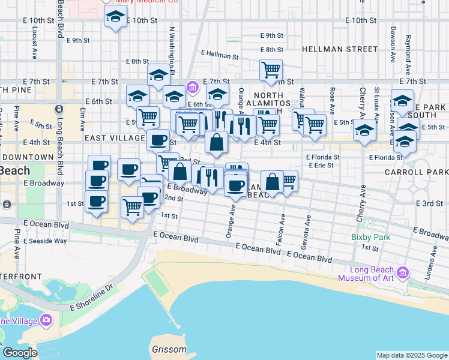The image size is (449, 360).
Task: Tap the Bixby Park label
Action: pyautogui.click(x=370, y=237)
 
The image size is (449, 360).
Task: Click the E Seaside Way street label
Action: pyautogui.click(x=45, y=241)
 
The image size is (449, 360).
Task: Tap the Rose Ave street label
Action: pyautogui.click(x=332, y=96)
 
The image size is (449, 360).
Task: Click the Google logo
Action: pyautogui.click(x=20, y=353)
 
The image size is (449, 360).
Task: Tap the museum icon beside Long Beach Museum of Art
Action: pyautogui.click(x=402, y=273)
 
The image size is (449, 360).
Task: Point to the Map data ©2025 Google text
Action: pyautogui.click(x=411, y=355)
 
